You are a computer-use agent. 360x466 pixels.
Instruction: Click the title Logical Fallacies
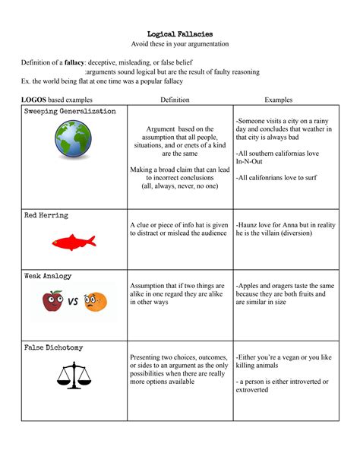(x=179, y=33)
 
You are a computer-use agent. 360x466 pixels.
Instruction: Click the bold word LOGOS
(x=33, y=100)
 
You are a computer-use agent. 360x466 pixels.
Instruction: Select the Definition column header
(x=179, y=100)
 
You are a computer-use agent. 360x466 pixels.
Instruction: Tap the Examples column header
(x=278, y=100)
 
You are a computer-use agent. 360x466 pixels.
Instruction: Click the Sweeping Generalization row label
(x=70, y=112)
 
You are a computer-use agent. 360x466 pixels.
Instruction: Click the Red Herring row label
(x=46, y=215)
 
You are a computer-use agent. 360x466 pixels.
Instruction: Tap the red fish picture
(x=73, y=243)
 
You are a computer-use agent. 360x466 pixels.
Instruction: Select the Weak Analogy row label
(x=48, y=276)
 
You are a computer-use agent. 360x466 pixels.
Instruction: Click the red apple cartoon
(x=52, y=302)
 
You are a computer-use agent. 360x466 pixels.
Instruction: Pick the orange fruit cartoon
(x=95, y=303)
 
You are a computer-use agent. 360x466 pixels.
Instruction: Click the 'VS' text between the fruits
(x=74, y=302)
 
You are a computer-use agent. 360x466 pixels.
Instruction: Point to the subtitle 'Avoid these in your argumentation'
(x=179, y=44)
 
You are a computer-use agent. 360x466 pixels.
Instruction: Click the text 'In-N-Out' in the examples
(x=251, y=162)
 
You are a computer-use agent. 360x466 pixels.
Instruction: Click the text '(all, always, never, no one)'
(x=179, y=185)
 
